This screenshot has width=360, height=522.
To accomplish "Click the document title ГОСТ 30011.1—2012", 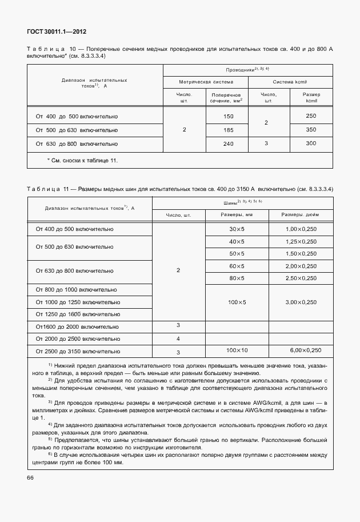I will tap(56, 32).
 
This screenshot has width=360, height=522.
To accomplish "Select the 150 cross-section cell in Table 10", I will tap(229, 116).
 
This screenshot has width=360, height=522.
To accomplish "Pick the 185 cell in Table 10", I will tap(229, 130).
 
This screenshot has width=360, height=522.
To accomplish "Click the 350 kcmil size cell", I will tap(311, 130).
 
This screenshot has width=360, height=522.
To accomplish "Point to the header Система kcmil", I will tap(291, 82).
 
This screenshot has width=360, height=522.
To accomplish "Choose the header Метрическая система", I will tap(205, 82).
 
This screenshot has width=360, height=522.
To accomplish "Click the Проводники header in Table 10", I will tap(247, 69).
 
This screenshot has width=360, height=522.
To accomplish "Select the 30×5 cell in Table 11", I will tap(237, 229).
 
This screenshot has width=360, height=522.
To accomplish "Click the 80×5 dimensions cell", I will tap(237, 278).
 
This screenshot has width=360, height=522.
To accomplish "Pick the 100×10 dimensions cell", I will tap(237, 349).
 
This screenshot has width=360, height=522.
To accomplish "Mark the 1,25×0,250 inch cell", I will tap(301, 241).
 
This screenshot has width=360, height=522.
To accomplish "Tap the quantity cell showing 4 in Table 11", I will tap(178, 338).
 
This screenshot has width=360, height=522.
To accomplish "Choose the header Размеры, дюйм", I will tap(301, 215).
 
